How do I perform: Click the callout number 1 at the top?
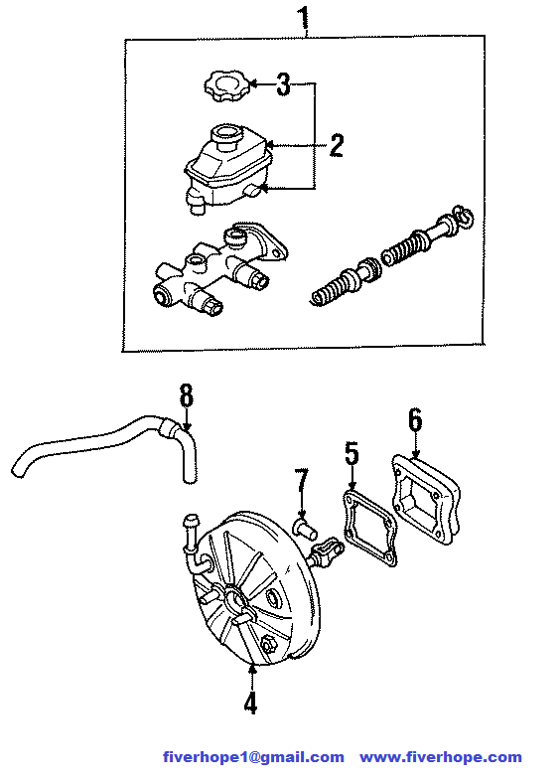304,18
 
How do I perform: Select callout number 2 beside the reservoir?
337,145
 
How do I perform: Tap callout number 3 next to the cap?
283,84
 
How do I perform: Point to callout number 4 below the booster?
251,702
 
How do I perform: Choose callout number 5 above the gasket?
351,453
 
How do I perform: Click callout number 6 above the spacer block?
415,420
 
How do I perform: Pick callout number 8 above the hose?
186,395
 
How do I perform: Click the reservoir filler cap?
225,86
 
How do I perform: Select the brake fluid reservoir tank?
227,168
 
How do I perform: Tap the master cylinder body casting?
219,267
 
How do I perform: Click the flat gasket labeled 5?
370,529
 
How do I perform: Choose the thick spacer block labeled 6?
426,500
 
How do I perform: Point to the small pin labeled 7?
305,528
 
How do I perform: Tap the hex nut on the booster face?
268,645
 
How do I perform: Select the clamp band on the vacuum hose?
169,428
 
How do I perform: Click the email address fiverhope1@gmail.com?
253,757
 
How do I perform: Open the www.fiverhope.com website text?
441,757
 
